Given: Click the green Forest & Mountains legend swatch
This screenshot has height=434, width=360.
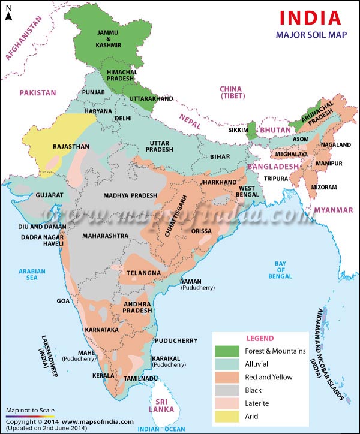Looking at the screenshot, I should pyautogui.click(x=226, y=351).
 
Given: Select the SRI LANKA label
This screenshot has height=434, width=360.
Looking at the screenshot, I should pyautogui.click(x=161, y=403).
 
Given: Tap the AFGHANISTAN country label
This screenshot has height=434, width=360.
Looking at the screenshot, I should pyautogui.click(x=25, y=38).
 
